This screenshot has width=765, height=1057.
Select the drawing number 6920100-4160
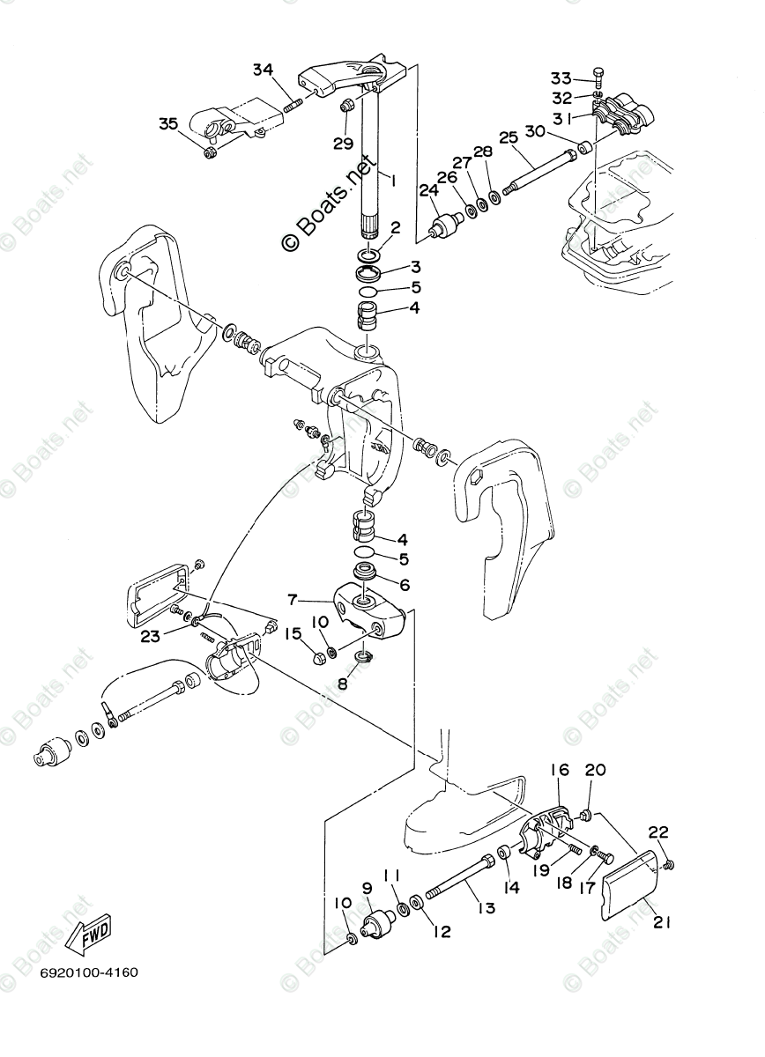click(x=88, y=972)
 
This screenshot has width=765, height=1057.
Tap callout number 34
click(x=264, y=70)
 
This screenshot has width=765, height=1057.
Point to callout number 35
click(x=168, y=123)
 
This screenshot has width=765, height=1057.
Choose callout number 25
click(x=508, y=137)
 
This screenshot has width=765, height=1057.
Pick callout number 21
click(x=662, y=922)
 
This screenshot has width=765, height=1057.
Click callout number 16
click(x=561, y=769)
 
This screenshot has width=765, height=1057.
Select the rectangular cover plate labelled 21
click(x=630, y=882)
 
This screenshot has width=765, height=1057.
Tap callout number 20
click(x=596, y=769)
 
